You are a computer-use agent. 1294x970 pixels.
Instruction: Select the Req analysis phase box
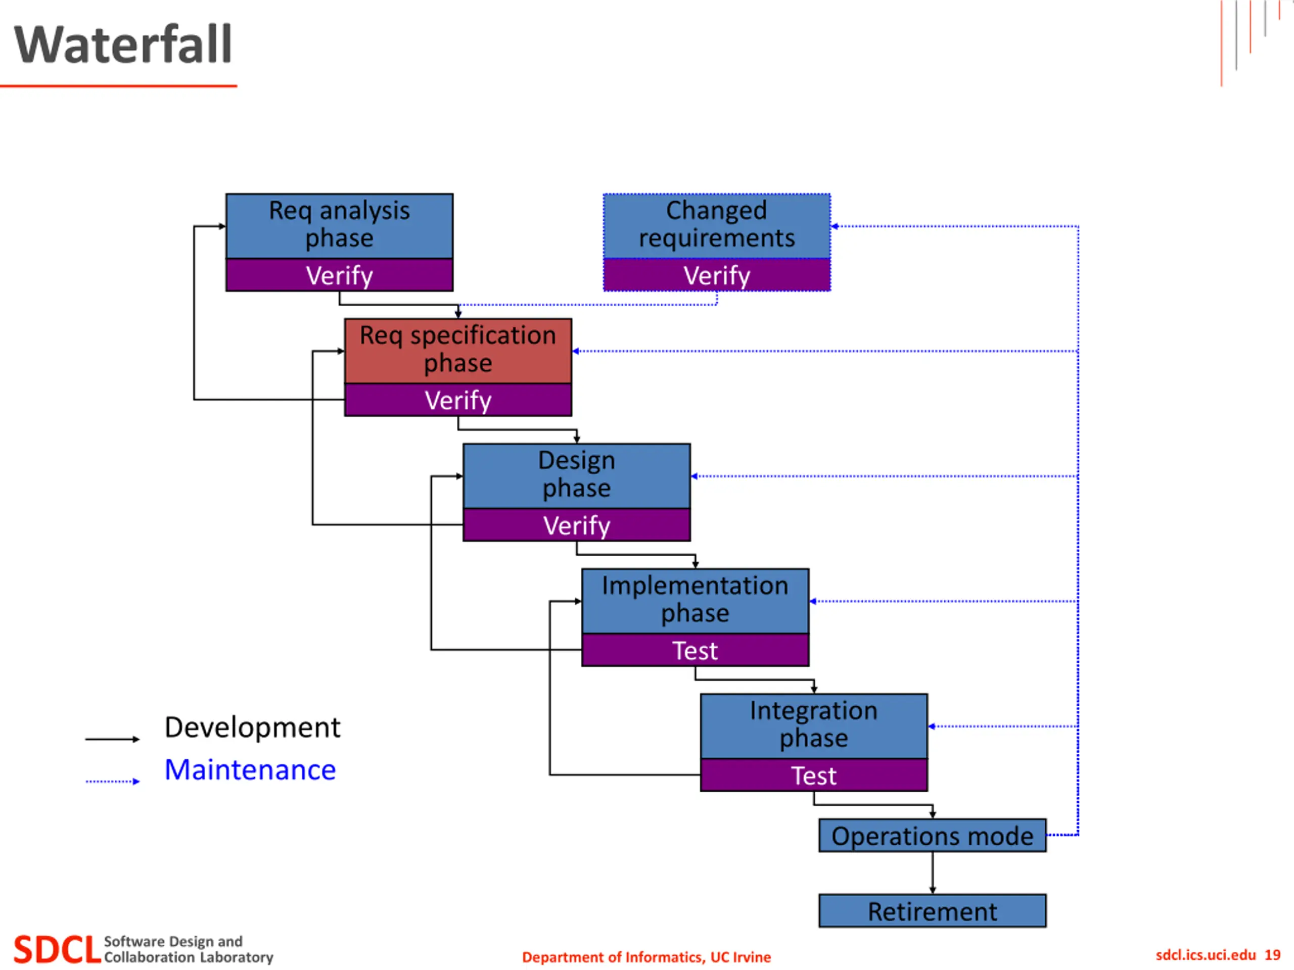point(339,226)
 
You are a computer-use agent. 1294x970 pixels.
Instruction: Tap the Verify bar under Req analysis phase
point(339,275)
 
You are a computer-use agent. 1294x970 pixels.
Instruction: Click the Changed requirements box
point(717,226)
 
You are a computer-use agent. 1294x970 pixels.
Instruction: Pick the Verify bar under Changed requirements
point(717,275)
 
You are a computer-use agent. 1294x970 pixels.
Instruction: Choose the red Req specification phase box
point(458,351)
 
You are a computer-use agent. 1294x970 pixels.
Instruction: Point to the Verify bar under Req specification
point(458,400)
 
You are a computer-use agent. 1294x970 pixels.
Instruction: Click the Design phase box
point(577,476)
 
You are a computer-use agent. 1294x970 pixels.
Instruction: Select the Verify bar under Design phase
point(577,525)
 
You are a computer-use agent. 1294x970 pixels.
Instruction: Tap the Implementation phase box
point(696,601)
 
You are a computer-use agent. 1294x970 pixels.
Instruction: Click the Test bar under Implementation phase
point(696,650)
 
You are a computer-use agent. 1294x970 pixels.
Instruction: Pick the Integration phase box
point(814,726)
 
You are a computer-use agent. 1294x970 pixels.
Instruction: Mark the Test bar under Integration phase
point(814,775)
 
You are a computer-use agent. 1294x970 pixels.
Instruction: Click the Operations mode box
point(933,836)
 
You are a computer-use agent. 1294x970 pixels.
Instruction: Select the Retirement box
point(933,911)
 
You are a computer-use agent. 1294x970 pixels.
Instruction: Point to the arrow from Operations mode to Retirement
point(933,873)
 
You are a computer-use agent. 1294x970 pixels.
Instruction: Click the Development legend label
point(252,728)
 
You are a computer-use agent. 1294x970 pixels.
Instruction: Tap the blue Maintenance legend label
point(250,769)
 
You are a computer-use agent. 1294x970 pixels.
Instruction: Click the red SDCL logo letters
point(57,949)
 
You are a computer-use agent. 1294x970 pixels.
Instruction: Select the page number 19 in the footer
point(1272,955)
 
